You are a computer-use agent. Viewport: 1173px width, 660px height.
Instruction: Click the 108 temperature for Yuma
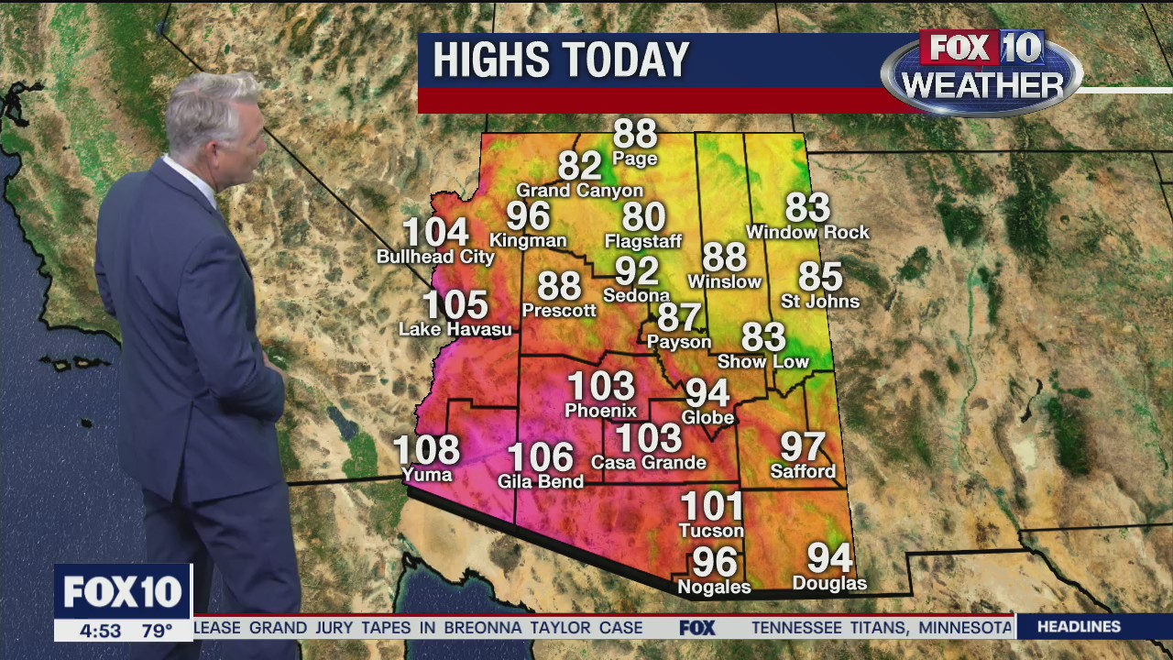(x=426, y=450)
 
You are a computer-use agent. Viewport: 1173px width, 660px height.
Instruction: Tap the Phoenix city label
(x=600, y=410)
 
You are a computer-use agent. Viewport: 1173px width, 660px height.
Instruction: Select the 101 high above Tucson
(x=711, y=506)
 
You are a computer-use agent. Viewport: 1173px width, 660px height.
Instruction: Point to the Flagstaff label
(x=643, y=242)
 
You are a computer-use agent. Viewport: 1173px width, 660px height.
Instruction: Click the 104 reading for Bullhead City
(x=435, y=233)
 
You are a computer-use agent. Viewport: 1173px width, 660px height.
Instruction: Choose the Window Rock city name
(x=807, y=233)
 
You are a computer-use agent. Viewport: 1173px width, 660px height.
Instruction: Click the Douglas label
(x=829, y=583)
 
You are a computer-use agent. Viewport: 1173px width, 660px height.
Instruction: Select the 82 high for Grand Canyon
(x=579, y=166)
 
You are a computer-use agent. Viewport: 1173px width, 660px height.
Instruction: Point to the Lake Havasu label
(x=455, y=329)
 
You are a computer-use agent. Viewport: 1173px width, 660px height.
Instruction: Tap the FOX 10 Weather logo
(x=981, y=71)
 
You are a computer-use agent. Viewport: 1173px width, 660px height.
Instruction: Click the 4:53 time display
(x=100, y=631)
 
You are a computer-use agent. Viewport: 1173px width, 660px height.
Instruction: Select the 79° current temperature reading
(x=157, y=631)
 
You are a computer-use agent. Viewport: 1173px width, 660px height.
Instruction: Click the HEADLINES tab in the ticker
(x=1079, y=627)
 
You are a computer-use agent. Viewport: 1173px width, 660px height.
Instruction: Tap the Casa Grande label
(x=648, y=463)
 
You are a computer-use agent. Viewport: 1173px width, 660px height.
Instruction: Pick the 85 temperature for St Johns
(x=819, y=276)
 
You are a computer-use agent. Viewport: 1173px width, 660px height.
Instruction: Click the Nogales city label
(x=713, y=587)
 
